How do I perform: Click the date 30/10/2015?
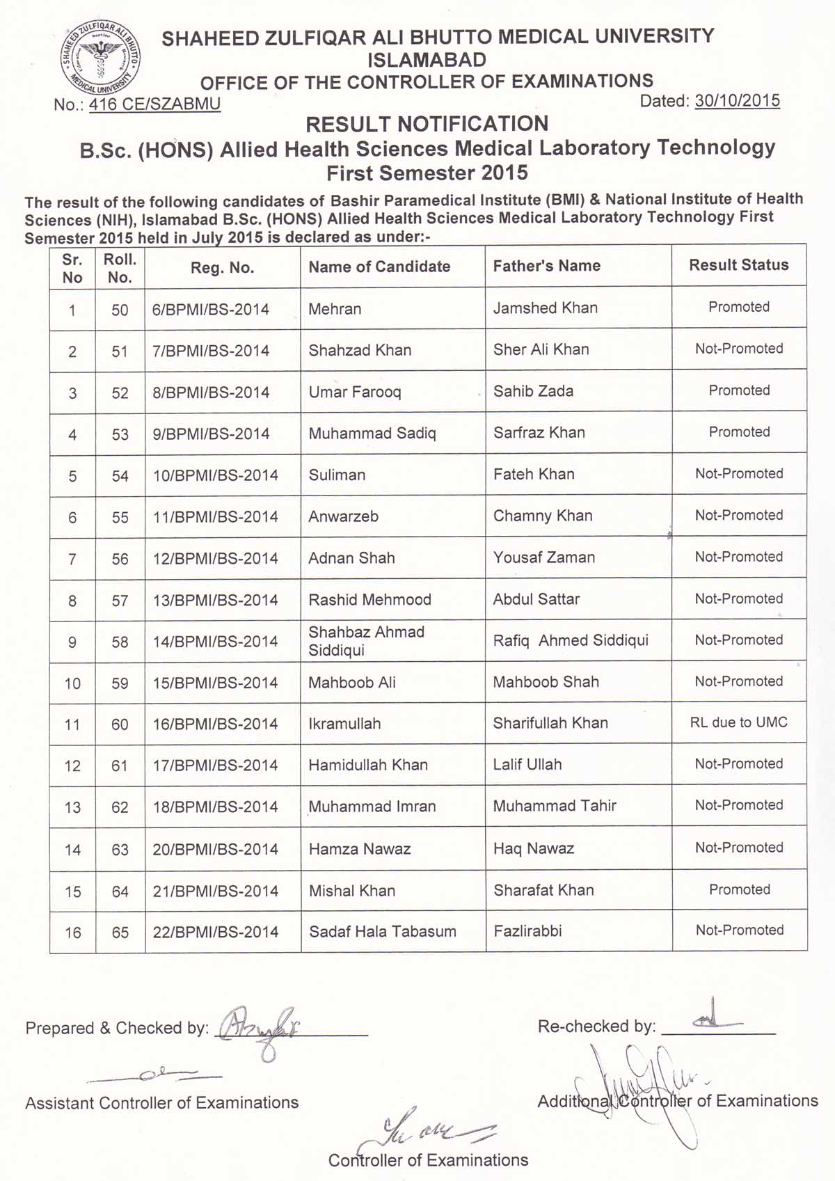(x=737, y=101)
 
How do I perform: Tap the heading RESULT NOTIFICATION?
(x=427, y=124)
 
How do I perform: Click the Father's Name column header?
(x=546, y=266)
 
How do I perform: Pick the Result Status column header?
(x=738, y=265)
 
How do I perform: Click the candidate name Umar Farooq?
(x=355, y=392)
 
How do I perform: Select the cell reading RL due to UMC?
(x=738, y=722)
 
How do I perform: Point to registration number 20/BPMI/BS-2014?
(x=215, y=849)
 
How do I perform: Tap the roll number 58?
(x=120, y=642)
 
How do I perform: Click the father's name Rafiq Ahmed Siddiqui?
(x=571, y=640)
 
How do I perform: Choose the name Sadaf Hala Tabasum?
(x=382, y=932)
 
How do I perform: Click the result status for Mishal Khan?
(x=739, y=890)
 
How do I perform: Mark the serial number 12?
(x=72, y=766)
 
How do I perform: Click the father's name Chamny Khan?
(x=543, y=516)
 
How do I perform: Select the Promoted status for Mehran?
(x=738, y=307)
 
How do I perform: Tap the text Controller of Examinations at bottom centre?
(x=428, y=1160)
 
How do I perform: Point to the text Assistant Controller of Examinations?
(x=161, y=1103)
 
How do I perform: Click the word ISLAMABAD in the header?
(x=427, y=60)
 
